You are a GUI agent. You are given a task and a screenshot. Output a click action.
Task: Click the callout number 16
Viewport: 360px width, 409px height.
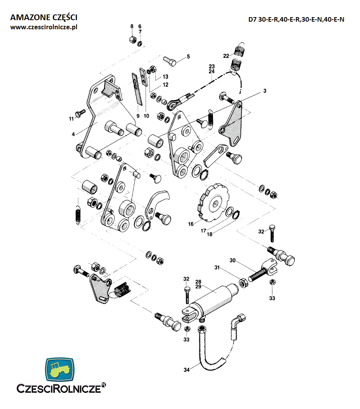click(191, 224)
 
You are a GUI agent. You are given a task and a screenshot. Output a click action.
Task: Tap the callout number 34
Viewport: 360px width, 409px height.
click(186, 369)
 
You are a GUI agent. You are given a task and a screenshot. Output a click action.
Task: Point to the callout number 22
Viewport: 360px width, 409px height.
click(226, 56)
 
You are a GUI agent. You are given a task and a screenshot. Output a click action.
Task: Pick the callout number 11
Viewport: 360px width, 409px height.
click(71, 119)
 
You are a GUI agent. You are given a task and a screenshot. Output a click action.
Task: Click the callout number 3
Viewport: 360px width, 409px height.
click(265, 91)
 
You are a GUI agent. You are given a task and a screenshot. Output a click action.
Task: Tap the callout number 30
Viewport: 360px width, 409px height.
click(233, 260)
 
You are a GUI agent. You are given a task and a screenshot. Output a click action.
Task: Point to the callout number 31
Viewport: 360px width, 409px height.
click(217, 268)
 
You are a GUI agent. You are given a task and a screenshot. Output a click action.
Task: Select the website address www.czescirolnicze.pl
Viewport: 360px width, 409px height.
click(44, 27)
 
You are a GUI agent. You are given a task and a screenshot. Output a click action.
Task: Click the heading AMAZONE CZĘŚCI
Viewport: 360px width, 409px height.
click(44, 17)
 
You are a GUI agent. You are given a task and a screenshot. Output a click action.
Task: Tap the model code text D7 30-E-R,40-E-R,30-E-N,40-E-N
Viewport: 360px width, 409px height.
click(296, 20)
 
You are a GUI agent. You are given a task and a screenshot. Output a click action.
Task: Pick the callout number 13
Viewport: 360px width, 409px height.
click(165, 76)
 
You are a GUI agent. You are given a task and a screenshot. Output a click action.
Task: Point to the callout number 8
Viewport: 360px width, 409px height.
click(132, 26)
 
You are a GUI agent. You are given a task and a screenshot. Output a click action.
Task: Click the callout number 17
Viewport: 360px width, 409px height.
click(204, 230)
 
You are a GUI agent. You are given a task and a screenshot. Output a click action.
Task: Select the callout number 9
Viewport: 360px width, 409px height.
click(138, 116)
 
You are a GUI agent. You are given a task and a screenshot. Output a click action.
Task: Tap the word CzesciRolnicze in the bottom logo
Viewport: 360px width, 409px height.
click(59, 389)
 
